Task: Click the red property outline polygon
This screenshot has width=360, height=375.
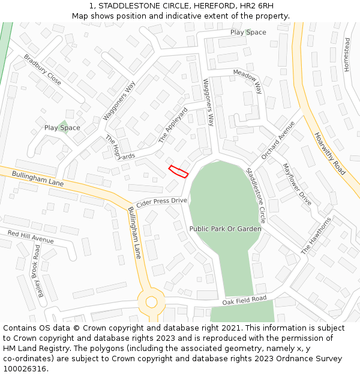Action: (x=178, y=171)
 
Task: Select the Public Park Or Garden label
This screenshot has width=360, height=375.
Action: (x=225, y=229)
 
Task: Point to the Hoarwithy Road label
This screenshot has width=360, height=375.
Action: (x=329, y=154)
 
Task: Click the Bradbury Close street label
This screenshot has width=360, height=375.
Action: (x=43, y=70)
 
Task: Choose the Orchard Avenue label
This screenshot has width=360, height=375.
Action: (x=278, y=140)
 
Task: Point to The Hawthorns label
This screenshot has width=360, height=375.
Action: (x=316, y=235)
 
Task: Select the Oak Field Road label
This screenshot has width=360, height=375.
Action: (x=244, y=299)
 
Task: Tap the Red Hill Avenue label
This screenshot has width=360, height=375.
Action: (x=31, y=236)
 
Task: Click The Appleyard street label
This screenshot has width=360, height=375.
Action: (x=173, y=125)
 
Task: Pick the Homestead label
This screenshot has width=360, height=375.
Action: (x=347, y=55)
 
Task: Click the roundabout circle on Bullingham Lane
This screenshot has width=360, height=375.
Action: (x=151, y=302)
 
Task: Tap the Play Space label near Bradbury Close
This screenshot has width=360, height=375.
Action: (x=62, y=128)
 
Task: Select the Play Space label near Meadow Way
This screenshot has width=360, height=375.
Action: (x=248, y=32)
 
